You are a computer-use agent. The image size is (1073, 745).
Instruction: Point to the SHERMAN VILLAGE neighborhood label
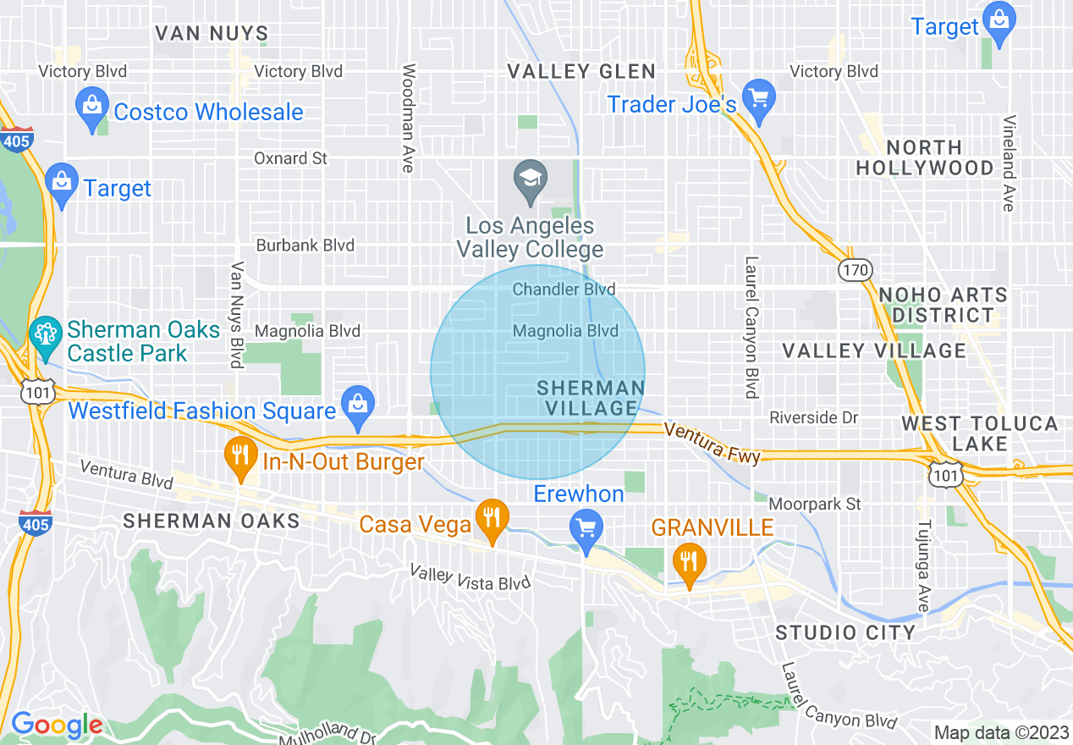tap(592, 398)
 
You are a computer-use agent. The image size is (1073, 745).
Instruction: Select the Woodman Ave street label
tap(408, 119)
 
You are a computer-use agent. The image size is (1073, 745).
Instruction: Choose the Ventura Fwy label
tap(713, 443)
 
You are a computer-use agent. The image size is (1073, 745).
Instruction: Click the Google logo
tap(56, 726)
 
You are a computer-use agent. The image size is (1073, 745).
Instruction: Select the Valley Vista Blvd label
tap(470, 578)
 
